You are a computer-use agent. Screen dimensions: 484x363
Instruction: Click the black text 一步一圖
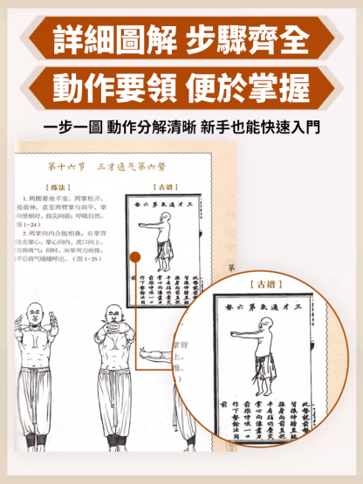72,128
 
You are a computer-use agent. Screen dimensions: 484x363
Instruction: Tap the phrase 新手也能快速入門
261,128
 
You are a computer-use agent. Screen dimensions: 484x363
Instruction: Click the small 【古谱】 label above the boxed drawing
167,187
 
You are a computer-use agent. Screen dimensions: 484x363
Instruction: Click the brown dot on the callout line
137,256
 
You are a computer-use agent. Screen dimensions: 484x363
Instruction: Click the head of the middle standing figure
113,315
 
